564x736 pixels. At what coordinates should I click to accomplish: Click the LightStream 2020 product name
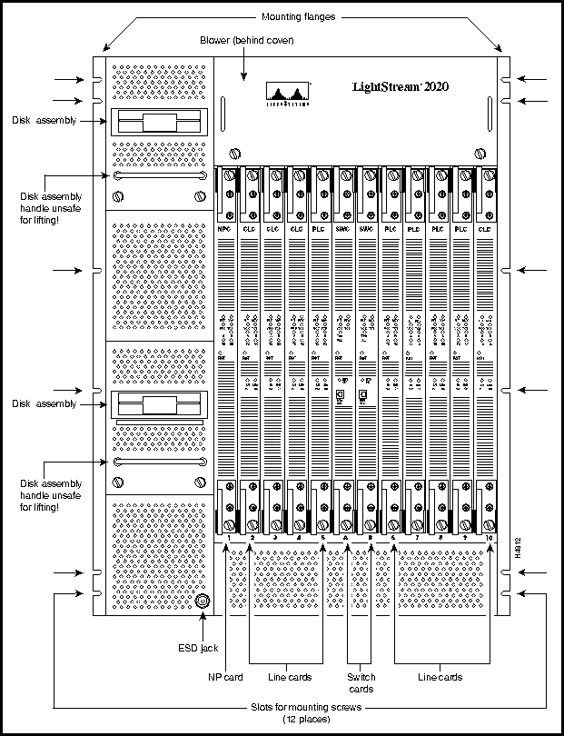[x=400, y=88]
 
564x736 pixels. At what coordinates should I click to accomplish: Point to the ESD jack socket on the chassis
[x=202, y=601]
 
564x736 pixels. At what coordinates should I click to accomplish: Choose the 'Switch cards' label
[x=361, y=682]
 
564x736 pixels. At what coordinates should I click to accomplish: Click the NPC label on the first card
[x=226, y=231]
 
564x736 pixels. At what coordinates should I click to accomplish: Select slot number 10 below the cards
[x=489, y=539]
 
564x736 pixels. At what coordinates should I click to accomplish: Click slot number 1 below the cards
[x=230, y=539]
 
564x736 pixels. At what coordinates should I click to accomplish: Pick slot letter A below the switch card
[x=346, y=539]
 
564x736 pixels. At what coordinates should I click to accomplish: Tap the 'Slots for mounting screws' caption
[x=299, y=708]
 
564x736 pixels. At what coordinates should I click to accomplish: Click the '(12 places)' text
[x=299, y=719]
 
